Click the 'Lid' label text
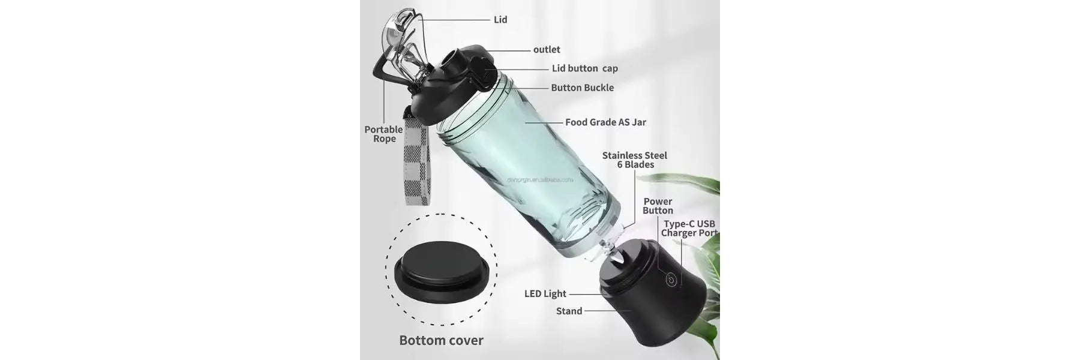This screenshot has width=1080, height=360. [500, 20]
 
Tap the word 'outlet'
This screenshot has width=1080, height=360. [547, 50]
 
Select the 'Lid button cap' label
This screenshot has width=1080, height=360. [584, 68]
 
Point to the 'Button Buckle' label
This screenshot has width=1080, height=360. [582, 88]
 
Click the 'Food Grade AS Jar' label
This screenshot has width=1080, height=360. [605, 122]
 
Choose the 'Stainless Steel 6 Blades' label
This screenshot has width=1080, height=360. [635, 160]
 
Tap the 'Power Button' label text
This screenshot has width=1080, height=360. [658, 206]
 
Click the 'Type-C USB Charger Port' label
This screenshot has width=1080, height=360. [689, 229]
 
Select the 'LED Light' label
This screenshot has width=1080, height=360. [545, 294]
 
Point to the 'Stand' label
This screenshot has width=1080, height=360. [569, 311]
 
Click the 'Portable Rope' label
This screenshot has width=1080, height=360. [384, 134]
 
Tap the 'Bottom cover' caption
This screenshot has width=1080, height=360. [441, 341]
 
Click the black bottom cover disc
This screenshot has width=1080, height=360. [441, 273]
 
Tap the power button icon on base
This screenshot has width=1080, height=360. [671, 278]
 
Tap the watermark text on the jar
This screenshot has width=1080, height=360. [540, 179]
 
